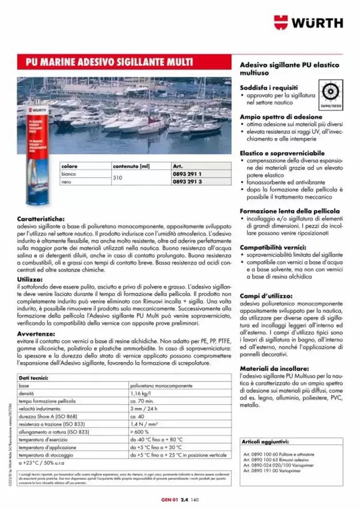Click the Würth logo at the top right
pyautogui.click(x=308, y=22)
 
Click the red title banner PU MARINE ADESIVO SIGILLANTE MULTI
pyautogui.click(x=110, y=63)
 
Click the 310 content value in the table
pyautogui.click(x=118, y=178)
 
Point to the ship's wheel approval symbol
pyautogui.click(x=331, y=93)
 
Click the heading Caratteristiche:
pyautogui.click(x=41, y=218)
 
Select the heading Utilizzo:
pyautogui.click(x=29, y=279)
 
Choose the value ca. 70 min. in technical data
pyautogui.click(x=141, y=401)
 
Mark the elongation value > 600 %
pyautogui.click(x=141, y=432)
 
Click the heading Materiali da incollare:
pyautogui.click(x=274, y=369)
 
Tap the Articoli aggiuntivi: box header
pyautogui.click(x=265, y=442)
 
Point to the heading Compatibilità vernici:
pyautogui.click(x=274, y=247)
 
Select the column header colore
pyautogui.click(x=69, y=167)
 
